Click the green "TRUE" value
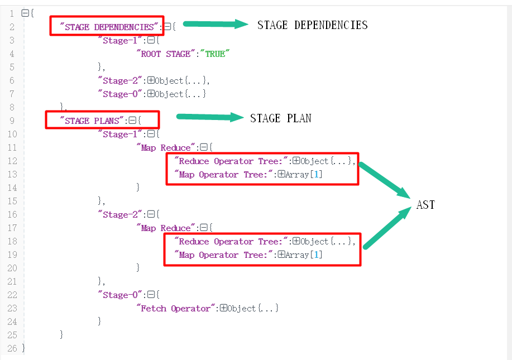pyautogui.click(x=215, y=54)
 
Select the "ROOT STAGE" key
pyautogui.click(x=166, y=54)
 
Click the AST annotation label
pyautogui.click(x=425, y=205)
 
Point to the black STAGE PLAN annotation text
pyautogui.click(x=281, y=118)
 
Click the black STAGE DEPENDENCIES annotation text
pyautogui.click(x=313, y=25)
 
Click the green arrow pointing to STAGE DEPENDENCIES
pyautogui.click(x=216, y=24)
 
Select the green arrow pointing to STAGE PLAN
pyautogui.click(x=210, y=117)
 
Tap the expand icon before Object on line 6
pyautogui.click(x=151, y=80)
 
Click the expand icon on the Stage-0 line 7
pyautogui.click(x=151, y=93)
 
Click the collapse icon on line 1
pyautogui.click(x=25, y=13)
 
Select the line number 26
pyautogui.click(x=12, y=348)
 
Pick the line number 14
pyautogui.click(x=12, y=188)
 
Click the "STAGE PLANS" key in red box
pyautogui.click(x=92, y=121)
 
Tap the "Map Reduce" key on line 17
pyautogui.click(x=166, y=228)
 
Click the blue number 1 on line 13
pyautogui.click(x=316, y=175)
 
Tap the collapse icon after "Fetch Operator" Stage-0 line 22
pyautogui.click(x=151, y=295)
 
